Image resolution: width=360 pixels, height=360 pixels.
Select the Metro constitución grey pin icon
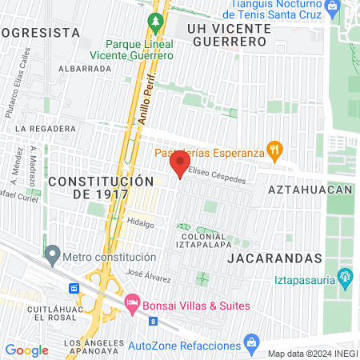53,257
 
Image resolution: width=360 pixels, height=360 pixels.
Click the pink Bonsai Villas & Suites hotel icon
132,305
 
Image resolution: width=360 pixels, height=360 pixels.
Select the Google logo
27,350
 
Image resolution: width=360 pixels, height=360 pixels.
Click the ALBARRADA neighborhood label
84,69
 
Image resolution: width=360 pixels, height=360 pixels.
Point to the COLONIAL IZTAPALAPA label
201,242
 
